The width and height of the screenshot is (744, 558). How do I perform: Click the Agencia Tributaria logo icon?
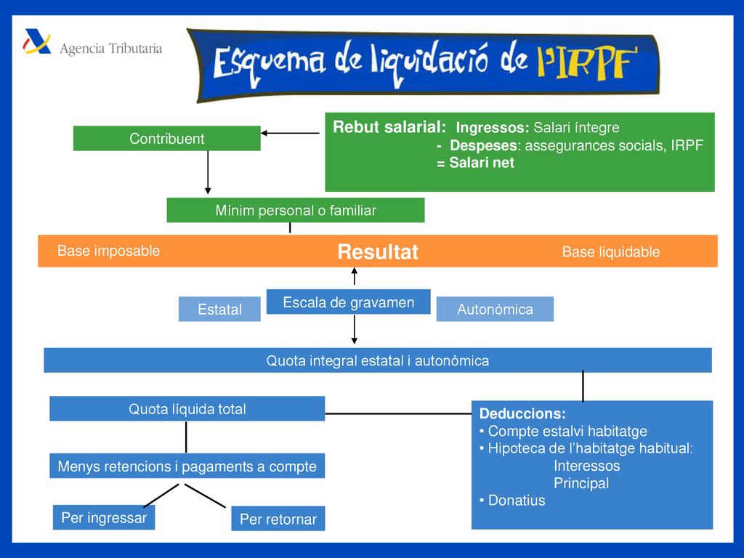pos(37,41)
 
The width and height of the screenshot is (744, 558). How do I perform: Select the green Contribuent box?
pos(166,139)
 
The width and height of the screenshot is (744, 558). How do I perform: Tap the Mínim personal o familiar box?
pos(296,210)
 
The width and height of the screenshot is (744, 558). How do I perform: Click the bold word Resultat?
pos(378,252)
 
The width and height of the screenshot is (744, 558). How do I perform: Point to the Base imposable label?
pos(109,251)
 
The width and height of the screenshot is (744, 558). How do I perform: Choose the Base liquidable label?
pos(610,251)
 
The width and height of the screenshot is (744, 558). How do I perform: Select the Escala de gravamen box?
pos(348,302)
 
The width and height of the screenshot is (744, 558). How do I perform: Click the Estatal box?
pos(219,309)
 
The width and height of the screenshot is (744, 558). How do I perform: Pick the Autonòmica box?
pos(495,309)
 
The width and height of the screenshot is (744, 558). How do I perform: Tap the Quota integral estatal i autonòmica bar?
pos(378,360)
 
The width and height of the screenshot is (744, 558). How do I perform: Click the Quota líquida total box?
pos(187,408)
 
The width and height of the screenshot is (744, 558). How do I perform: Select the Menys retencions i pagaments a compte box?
pos(187,466)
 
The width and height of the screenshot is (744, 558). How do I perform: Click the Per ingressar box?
pos(104,517)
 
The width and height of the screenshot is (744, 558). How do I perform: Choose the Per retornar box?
pos(278,519)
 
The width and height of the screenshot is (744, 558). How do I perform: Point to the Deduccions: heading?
pos(522,413)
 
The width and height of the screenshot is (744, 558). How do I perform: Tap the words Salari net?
pos(482,163)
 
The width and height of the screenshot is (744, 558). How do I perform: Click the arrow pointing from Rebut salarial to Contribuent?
pos(290,134)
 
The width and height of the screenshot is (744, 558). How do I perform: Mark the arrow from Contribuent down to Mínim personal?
pos(208,172)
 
